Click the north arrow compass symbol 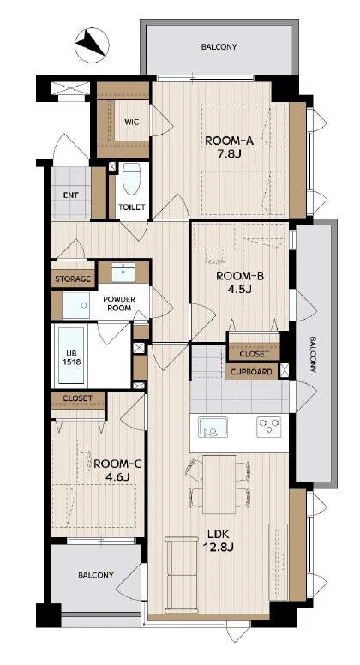(x=92, y=45)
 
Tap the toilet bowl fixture (x=131, y=179)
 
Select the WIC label (x=131, y=122)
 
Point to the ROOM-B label (x=240, y=277)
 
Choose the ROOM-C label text (x=117, y=464)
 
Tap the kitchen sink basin (x=213, y=427)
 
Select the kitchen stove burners (x=269, y=427)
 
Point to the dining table (x=219, y=484)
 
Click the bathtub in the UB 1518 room (x=71, y=356)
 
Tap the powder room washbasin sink (x=123, y=272)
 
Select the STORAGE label (x=73, y=279)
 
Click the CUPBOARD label (x=252, y=372)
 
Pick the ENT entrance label (x=71, y=195)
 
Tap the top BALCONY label (x=219, y=46)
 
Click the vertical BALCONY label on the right (x=313, y=355)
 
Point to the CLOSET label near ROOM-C (x=77, y=398)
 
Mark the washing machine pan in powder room (x=76, y=305)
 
